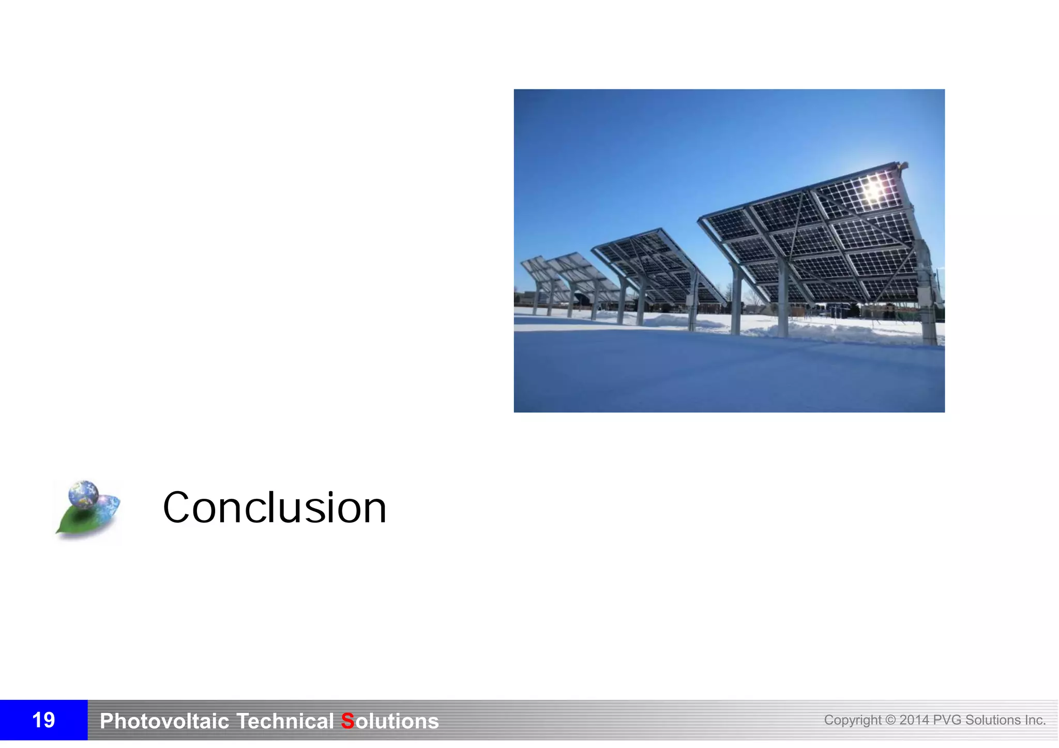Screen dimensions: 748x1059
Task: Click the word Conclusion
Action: click(275, 508)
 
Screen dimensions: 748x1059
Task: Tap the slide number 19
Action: click(43, 720)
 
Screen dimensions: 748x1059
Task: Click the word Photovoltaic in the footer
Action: click(164, 721)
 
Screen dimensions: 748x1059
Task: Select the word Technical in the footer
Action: click(285, 721)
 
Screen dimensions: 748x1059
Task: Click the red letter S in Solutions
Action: click(347, 721)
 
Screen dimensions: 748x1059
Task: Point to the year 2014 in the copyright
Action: click(914, 720)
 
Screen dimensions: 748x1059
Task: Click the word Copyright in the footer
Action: click(852, 720)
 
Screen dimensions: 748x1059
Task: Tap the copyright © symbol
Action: click(890, 720)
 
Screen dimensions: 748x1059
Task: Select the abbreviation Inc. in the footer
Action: click(1035, 720)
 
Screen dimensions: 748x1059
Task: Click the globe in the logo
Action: click(83, 493)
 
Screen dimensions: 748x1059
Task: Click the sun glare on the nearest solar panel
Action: click(873, 189)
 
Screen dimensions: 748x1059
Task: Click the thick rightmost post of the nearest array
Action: click(929, 310)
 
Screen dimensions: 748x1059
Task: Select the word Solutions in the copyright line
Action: click(993, 720)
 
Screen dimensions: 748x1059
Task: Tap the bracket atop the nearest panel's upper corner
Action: click(903, 165)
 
